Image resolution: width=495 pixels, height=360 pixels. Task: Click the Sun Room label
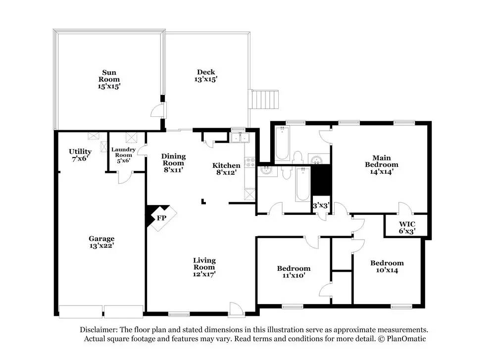[x=109, y=76]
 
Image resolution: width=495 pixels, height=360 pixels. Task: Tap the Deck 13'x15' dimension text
[x=206, y=79]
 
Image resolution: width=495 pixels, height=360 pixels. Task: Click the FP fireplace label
[x=162, y=218]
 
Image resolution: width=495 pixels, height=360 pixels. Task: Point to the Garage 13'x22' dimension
[x=101, y=246]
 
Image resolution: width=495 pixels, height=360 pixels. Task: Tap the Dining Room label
[x=173, y=159]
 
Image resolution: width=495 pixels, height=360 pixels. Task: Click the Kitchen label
[x=226, y=165]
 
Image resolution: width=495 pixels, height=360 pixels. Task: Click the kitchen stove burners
[x=249, y=162]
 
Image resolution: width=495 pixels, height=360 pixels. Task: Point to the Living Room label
[x=204, y=263]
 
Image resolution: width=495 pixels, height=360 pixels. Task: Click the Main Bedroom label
[x=382, y=161]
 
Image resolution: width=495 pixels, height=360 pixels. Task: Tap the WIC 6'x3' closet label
[x=407, y=227]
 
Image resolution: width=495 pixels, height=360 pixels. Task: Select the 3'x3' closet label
[x=321, y=206]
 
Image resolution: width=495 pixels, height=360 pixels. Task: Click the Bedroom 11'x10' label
[x=294, y=271]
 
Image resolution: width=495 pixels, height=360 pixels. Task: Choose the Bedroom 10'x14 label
[x=387, y=266]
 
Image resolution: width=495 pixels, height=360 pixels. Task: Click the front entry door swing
[x=237, y=309]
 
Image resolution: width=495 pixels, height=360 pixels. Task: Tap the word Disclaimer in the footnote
[x=99, y=330]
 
